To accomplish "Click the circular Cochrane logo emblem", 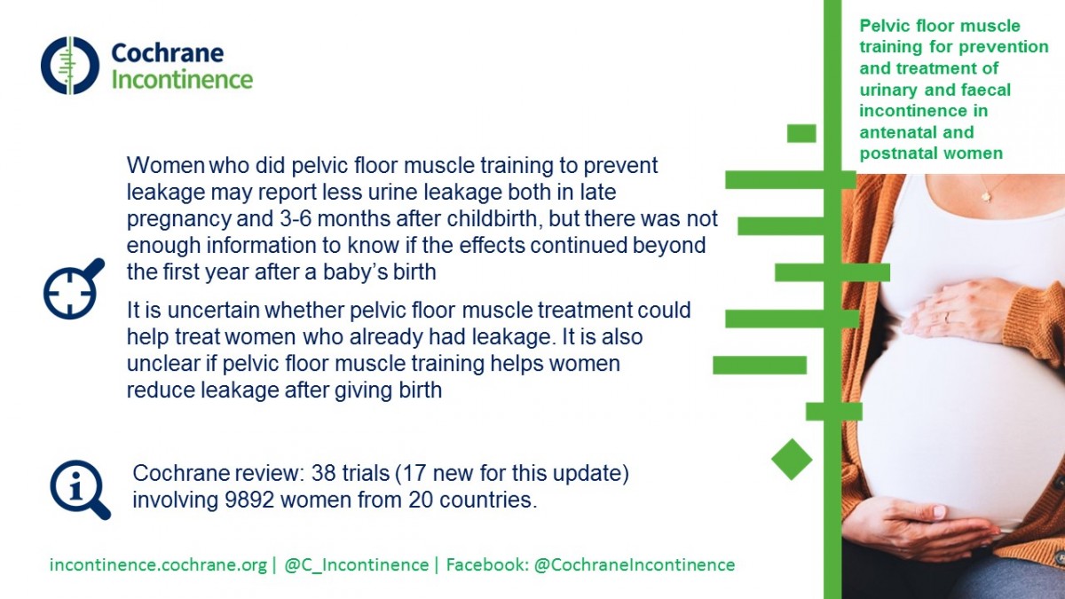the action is pyautogui.click(x=70, y=65).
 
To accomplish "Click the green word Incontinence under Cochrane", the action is pyautogui.click(x=182, y=79).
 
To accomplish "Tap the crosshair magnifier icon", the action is pyautogui.click(x=74, y=288).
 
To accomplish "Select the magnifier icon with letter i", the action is pyautogui.click(x=81, y=490).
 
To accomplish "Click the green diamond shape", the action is pyautogui.click(x=792, y=460).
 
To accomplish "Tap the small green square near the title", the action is pyautogui.click(x=801, y=134).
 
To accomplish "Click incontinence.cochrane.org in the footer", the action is pyautogui.click(x=158, y=564).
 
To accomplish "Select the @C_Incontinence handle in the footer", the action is pyautogui.click(x=357, y=564).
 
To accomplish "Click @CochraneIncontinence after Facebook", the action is pyautogui.click(x=635, y=564).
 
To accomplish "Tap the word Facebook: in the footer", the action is pyautogui.click(x=487, y=564).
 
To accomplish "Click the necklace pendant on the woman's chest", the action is pyautogui.click(x=987, y=195).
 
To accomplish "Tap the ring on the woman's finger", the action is pyautogui.click(x=947, y=318).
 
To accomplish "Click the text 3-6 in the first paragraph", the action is pyautogui.click(x=296, y=218).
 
